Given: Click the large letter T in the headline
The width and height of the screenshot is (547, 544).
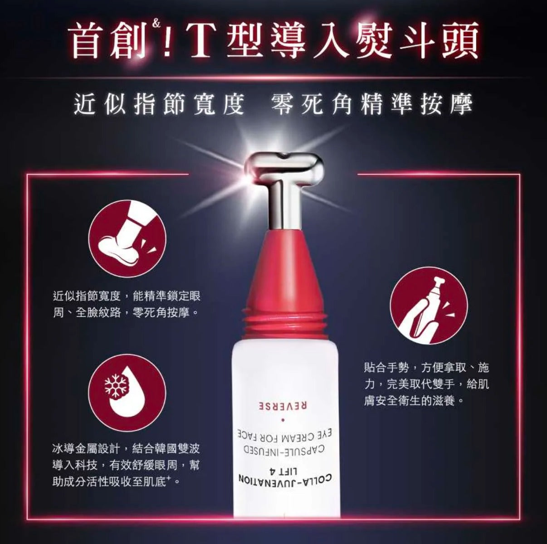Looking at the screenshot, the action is pyautogui.click(x=202, y=41).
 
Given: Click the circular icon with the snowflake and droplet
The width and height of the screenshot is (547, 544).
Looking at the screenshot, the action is pyautogui.click(x=127, y=393).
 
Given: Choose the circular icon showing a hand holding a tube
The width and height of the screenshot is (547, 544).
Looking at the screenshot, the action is pyautogui.click(x=429, y=306).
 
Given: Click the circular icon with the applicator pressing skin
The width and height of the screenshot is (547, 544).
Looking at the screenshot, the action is pyautogui.click(x=127, y=238).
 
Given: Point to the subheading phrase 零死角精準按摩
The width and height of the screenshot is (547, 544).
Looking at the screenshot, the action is pyautogui.click(x=371, y=104).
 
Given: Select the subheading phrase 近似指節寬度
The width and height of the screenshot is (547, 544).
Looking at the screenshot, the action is pyautogui.click(x=159, y=104).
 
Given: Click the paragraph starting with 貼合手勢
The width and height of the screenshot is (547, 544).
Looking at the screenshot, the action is pyautogui.click(x=427, y=384).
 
